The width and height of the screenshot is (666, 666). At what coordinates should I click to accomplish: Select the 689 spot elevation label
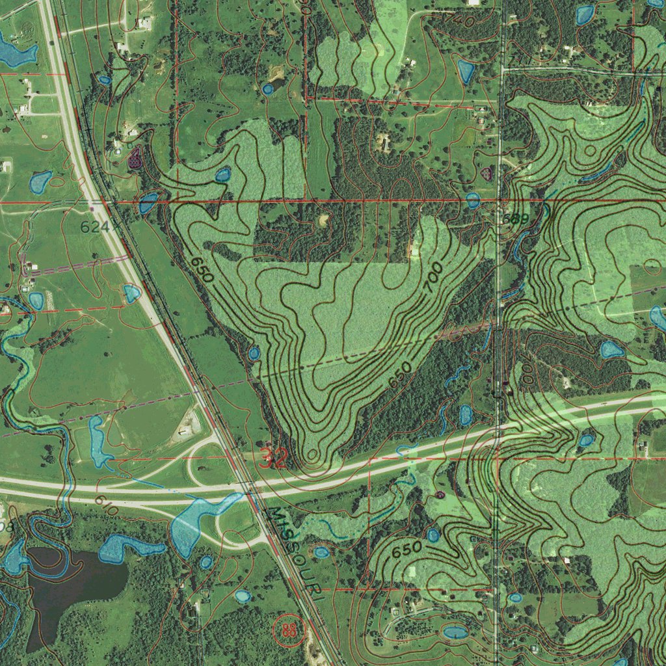(x=514, y=219)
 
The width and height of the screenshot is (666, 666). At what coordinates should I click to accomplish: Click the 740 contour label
(x=459, y=20)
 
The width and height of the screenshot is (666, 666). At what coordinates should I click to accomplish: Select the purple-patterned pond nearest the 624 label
(x=135, y=157)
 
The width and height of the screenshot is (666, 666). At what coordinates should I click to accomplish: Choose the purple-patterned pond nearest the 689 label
(x=486, y=173)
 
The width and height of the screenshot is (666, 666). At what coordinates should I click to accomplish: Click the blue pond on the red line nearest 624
(x=148, y=204)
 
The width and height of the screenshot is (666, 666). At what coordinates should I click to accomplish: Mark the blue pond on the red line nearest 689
(x=473, y=200)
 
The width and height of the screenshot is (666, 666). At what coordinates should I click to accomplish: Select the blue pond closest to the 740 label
(x=466, y=71)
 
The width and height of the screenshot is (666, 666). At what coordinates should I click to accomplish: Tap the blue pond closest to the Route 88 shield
(x=243, y=596)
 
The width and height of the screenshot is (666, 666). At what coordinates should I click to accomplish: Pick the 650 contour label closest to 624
(x=202, y=269)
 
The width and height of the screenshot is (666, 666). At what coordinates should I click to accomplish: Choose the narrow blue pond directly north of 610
(x=98, y=442)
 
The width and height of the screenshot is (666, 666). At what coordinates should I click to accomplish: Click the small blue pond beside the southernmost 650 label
(x=433, y=535)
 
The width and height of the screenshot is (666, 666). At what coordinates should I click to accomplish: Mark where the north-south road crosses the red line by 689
(x=499, y=201)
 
